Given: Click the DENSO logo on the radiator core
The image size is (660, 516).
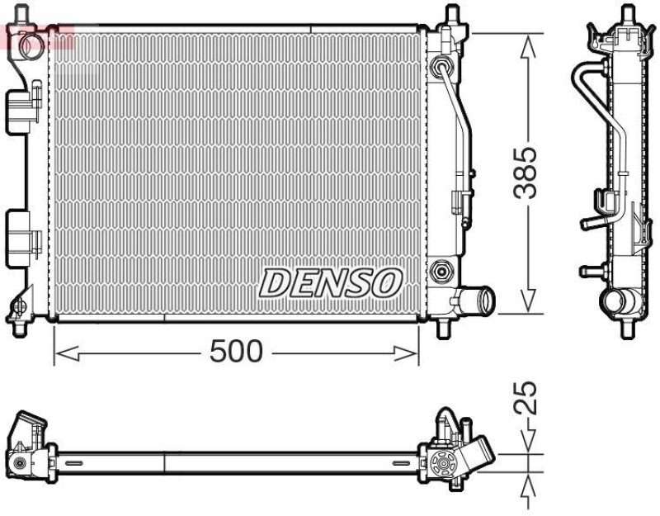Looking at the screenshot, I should [330, 283].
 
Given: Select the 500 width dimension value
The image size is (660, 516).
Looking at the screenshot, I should [236, 353].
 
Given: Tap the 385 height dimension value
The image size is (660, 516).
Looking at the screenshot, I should [526, 173].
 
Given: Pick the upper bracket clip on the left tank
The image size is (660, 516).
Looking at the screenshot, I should [23, 109].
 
